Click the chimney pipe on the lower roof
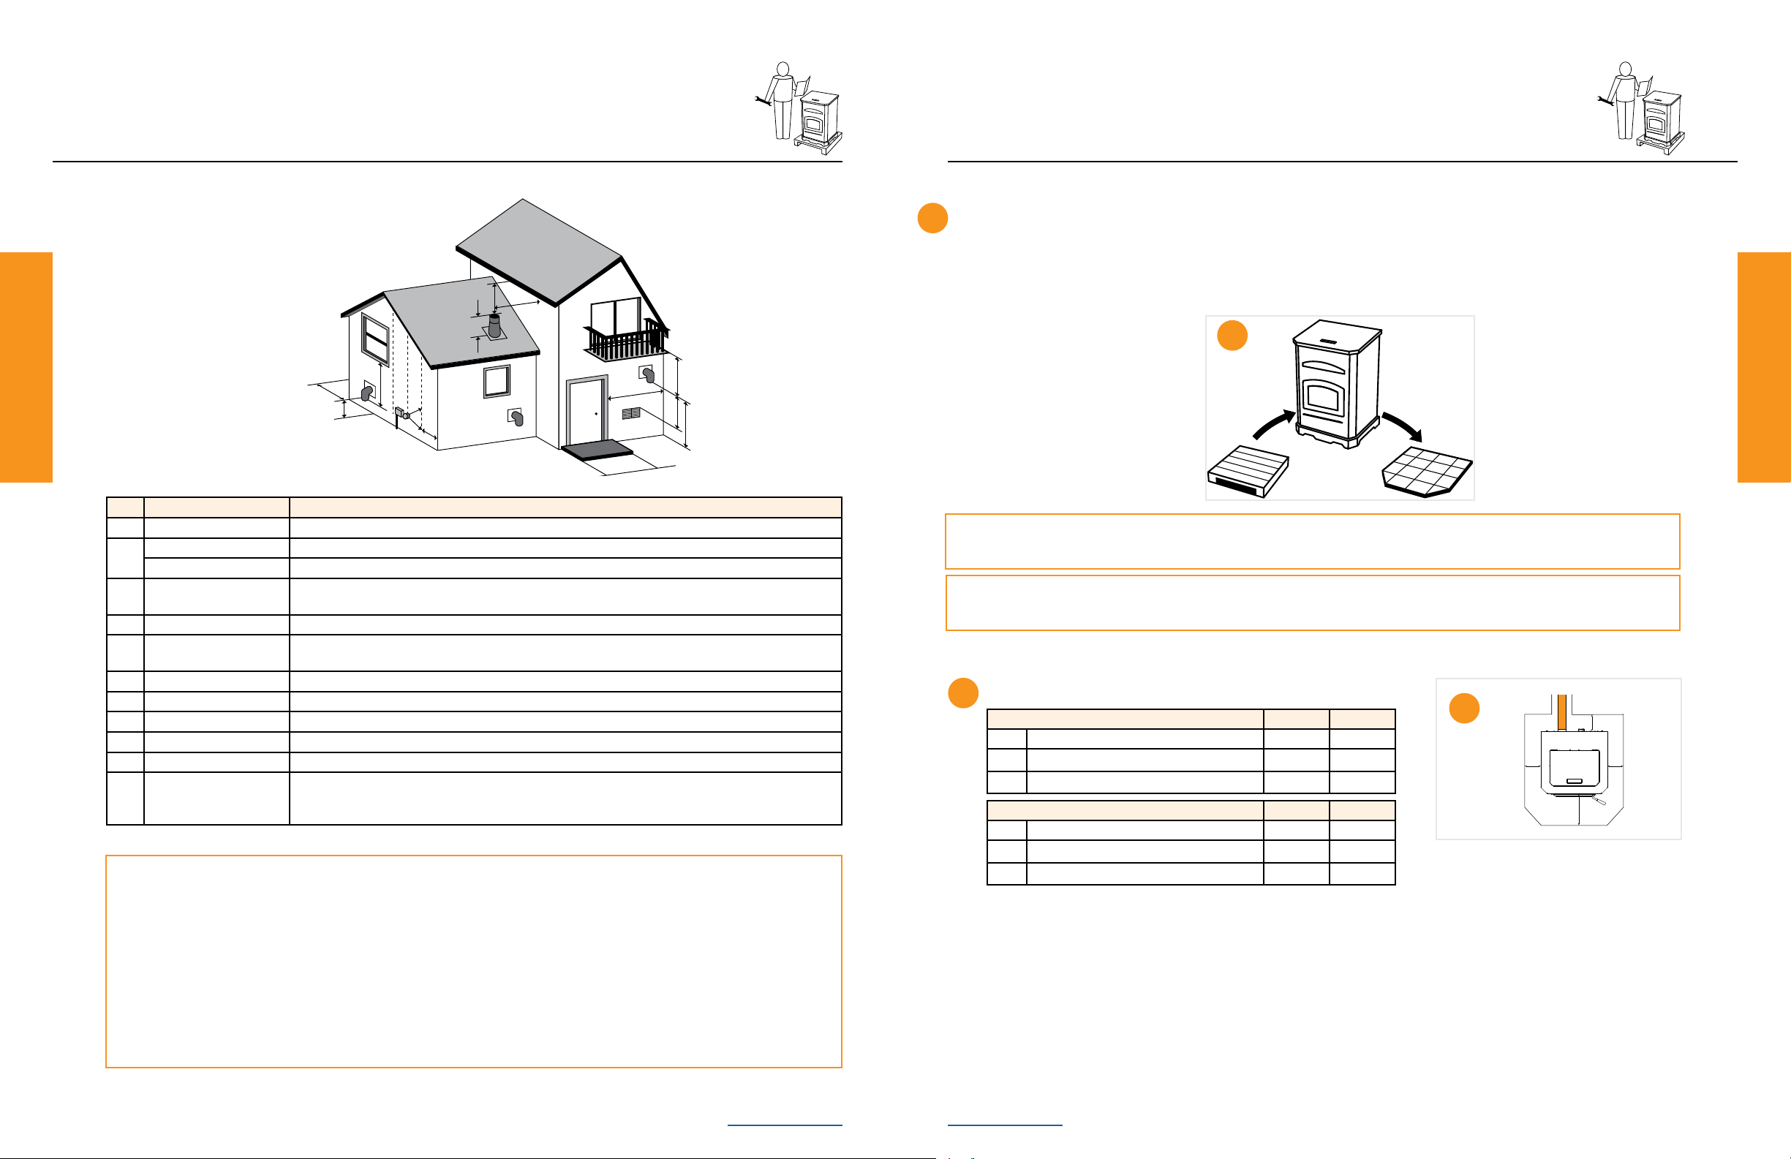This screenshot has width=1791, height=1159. coord(494,326)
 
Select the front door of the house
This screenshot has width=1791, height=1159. coord(587,412)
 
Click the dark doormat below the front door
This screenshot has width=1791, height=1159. coord(597,449)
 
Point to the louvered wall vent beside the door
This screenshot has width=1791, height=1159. coord(630,413)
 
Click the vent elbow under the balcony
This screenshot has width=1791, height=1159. coord(648,374)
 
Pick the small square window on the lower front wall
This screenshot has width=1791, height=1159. coord(497,382)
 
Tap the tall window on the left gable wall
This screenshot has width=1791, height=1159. coord(374,339)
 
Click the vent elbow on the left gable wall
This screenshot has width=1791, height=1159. coord(367,392)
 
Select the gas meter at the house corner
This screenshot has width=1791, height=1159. coord(401,413)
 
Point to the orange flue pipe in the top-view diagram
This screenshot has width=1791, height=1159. coord(1562,711)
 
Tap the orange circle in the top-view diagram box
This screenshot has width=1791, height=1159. coord(1464,708)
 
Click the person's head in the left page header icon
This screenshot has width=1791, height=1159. coord(783,69)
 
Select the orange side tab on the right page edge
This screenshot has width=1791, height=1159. coord(1764,366)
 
